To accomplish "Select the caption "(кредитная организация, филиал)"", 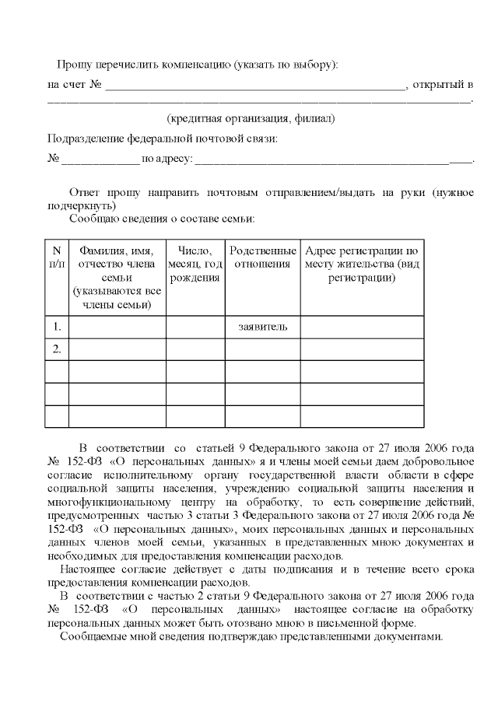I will coord(251,119).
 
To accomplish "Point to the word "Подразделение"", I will coord(85,139).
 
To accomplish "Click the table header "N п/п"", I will coord(56,257).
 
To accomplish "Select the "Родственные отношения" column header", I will coord(263,257).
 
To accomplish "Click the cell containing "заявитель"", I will coord(263,326).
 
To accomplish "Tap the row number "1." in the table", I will coord(56,326).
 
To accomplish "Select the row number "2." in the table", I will coord(56,348).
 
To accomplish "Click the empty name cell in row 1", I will coord(117,326).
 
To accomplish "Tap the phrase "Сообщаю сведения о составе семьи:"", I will coord(162,219).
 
